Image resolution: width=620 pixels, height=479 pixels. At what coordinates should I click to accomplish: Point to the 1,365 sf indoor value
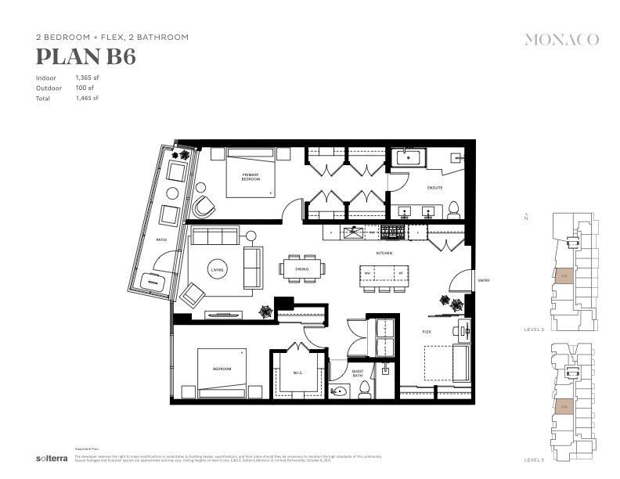click(87, 77)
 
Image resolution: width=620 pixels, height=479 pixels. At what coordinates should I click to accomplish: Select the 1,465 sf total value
click(87, 98)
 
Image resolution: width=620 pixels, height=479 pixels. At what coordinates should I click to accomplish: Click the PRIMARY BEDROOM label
click(251, 177)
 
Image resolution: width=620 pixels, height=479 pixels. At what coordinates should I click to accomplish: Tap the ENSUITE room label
click(435, 188)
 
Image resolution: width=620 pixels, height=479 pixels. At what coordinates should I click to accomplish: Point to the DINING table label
click(302, 269)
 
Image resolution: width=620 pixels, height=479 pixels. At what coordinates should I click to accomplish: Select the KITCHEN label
click(384, 254)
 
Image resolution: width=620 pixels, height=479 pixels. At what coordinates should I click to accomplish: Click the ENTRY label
click(484, 280)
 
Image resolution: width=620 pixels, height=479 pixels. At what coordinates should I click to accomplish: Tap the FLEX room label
click(427, 332)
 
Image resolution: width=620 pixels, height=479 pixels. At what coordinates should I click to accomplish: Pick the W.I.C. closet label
click(298, 373)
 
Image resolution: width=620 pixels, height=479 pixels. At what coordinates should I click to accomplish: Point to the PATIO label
click(161, 239)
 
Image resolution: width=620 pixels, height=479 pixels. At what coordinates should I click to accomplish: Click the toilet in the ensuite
click(452, 209)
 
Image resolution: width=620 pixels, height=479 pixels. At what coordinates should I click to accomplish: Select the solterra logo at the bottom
click(49, 458)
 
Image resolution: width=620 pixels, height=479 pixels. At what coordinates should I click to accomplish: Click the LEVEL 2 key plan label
click(534, 330)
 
